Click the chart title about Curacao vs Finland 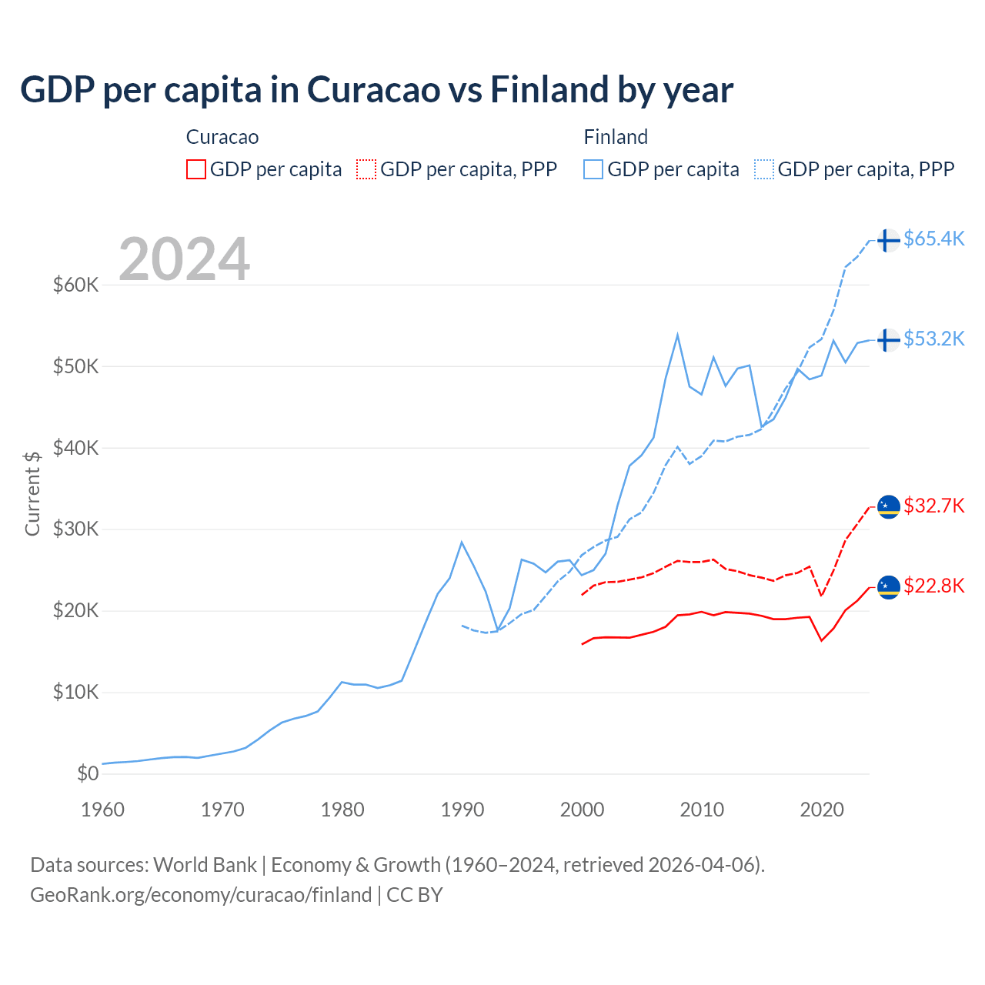tap(376, 90)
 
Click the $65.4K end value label tap(933, 239)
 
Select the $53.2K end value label tap(933, 339)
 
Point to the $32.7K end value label tap(933, 506)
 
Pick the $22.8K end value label tap(933, 586)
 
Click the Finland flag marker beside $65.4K tap(888, 240)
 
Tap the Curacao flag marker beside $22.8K tap(888, 587)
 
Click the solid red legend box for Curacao tap(196, 169)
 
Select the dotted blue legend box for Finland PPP tap(764, 169)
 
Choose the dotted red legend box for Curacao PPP tap(366, 169)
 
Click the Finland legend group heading tap(616, 137)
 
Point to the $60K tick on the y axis tap(75, 285)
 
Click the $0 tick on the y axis tap(88, 773)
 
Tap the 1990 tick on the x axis tap(462, 810)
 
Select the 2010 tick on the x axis tap(702, 810)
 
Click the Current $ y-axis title tap(32, 493)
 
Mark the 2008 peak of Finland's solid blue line tap(677, 335)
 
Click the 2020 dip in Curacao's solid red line tap(822, 640)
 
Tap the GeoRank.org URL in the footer tap(201, 895)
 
